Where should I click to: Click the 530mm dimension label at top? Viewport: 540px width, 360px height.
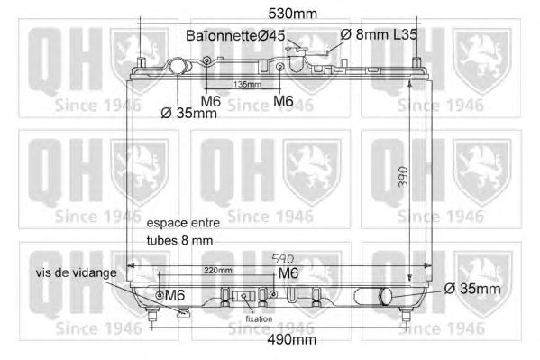[x=292, y=14]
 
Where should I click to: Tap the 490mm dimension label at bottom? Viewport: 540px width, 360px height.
[x=292, y=339]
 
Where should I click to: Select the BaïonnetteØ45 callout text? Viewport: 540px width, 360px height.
[x=235, y=35]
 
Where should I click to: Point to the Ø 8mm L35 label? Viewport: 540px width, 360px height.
[x=379, y=34]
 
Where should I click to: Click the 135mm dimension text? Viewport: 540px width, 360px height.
[x=247, y=84]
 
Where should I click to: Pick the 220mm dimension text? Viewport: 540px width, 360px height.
[x=218, y=271]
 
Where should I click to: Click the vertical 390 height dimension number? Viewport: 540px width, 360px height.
[x=403, y=177]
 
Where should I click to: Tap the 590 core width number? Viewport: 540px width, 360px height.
[x=283, y=259]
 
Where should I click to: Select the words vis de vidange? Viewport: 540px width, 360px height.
[x=77, y=272]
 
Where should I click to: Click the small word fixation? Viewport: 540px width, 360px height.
[x=259, y=319]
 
